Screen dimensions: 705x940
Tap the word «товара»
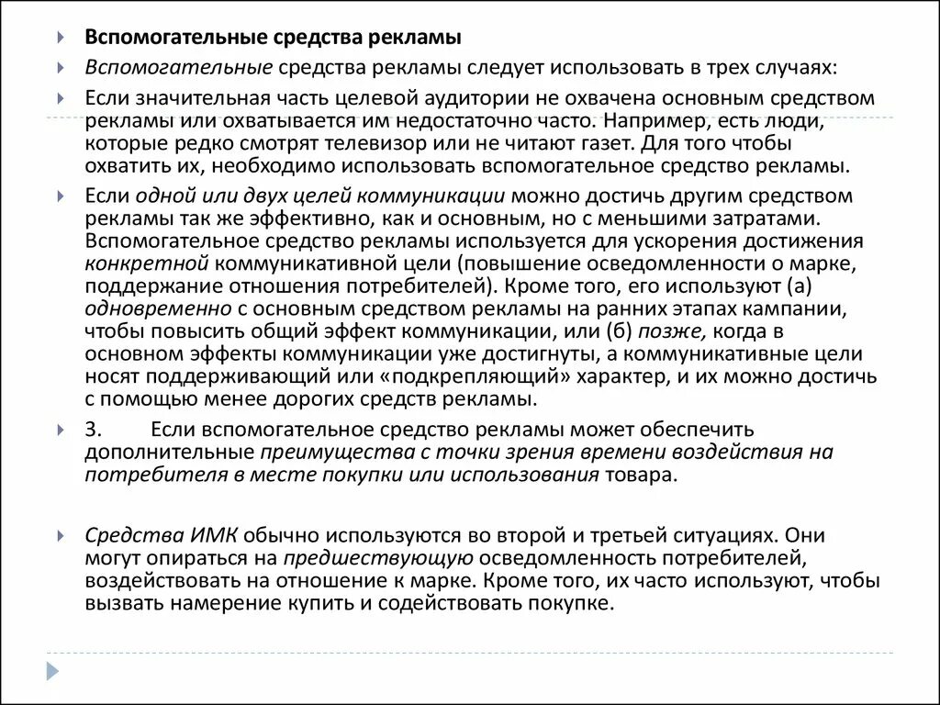[x=639, y=474]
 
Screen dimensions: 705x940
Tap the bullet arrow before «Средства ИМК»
[x=62, y=534]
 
